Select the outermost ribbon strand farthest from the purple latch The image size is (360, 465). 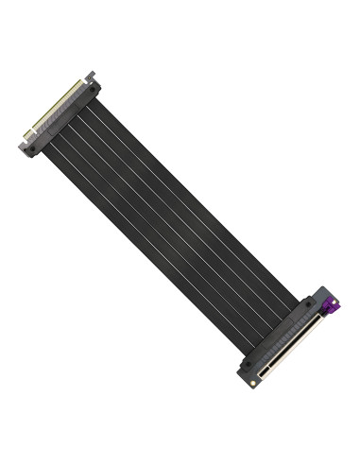[x=142, y=236]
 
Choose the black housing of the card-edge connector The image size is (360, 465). [x=66, y=118]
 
